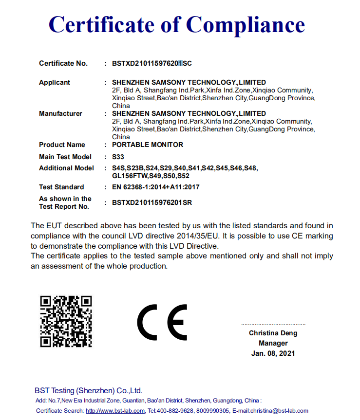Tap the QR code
coord(66,321)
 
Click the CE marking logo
coord(162,322)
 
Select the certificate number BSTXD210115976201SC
coord(152,63)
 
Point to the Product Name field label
coord(62,145)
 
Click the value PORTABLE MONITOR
coord(147,145)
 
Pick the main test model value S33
coord(118,157)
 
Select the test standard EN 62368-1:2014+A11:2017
coord(155,187)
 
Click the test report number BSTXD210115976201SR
coord(152,202)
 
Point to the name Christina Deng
coord(273,333)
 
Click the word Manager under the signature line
coord(273,343)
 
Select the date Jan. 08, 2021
coord(273,353)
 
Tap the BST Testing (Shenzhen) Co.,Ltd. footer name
coord(88,390)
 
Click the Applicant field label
coord(55,82)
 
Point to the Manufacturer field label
coord(60,113)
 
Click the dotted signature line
coord(273,324)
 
